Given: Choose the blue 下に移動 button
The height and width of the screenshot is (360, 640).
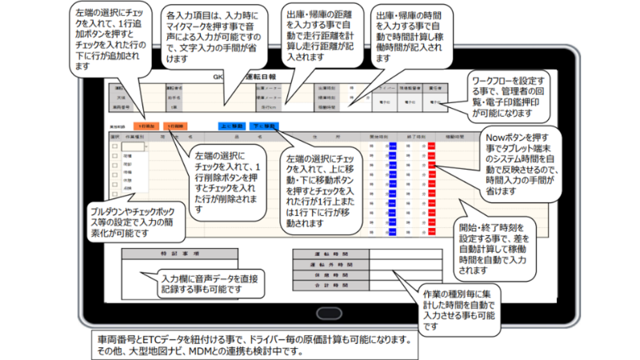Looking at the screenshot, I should click(x=265, y=126).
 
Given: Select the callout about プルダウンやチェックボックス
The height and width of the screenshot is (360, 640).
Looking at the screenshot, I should click(x=137, y=222).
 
